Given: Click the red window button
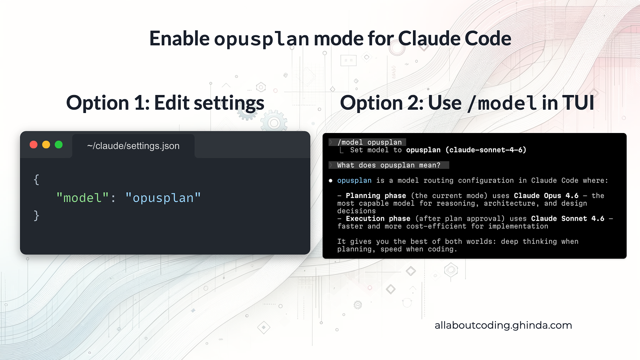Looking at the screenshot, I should [x=34, y=145].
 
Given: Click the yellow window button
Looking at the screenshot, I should [x=46, y=145].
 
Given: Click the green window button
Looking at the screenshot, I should [x=59, y=145].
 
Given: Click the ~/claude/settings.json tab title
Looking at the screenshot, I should [x=133, y=146].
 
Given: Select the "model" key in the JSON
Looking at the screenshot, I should [x=82, y=198].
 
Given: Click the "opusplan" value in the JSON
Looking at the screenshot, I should [x=163, y=198].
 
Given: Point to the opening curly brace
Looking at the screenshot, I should [x=36, y=180].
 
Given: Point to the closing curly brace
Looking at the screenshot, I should [x=36, y=216].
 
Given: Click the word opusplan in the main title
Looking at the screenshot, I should [x=262, y=39].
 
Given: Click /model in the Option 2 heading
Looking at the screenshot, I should [x=502, y=103].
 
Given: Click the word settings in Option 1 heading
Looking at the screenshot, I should [x=229, y=103].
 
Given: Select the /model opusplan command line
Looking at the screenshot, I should [x=369, y=142].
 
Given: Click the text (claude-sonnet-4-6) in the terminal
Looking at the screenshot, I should [x=486, y=150].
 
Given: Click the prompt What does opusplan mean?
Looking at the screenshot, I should [x=389, y=165].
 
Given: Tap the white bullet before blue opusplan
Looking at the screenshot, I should [x=330, y=181].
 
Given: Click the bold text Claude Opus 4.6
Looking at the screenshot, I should [x=546, y=196].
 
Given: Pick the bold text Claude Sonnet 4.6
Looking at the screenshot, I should [x=567, y=219].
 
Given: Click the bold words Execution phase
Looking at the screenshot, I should [x=378, y=219].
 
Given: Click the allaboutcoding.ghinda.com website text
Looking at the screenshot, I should [x=503, y=325].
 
